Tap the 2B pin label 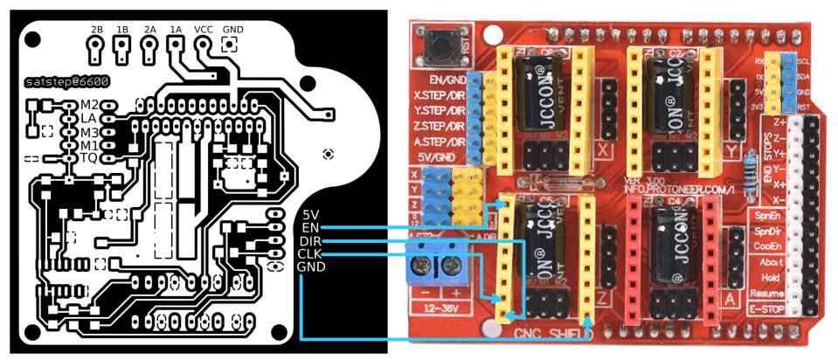click(x=95, y=29)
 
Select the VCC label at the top click(x=203, y=29)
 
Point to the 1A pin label click(x=176, y=29)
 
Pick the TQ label click(x=88, y=158)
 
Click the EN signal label click(x=308, y=227)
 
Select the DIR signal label click(x=309, y=240)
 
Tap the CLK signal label click(x=309, y=253)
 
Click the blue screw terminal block click(x=440, y=263)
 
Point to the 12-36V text click(x=440, y=307)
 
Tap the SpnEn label click(x=766, y=215)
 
